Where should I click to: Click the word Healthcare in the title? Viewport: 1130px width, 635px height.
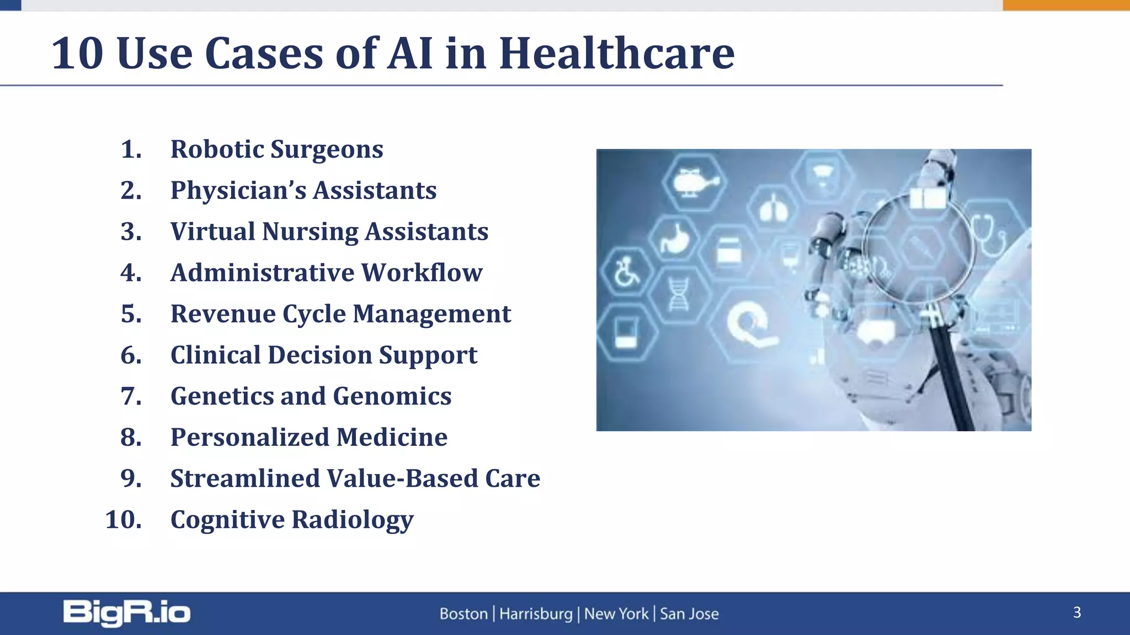pyautogui.click(x=616, y=53)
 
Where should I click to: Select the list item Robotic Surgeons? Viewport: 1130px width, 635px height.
pyautogui.click(x=276, y=149)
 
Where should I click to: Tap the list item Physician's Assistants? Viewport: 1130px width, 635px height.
pyautogui.click(x=303, y=191)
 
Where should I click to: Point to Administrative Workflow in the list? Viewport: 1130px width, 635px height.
pyautogui.click(x=326, y=273)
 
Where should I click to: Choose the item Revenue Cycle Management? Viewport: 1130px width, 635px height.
pyautogui.click(x=340, y=314)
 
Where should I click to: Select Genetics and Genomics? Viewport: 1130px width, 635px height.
pyautogui.click(x=311, y=396)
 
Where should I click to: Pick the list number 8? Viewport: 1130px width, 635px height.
pyautogui.click(x=131, y=438)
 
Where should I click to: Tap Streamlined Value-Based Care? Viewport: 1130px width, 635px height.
pyautogui.click(x=355, y=478)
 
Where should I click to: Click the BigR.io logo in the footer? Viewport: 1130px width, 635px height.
pyautogui.click(x=126, y=613)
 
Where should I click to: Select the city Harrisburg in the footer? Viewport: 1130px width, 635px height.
pyautogui.click(x=536, y=614)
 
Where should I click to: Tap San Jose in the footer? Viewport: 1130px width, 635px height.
pyautogui.click(x=689, y=614)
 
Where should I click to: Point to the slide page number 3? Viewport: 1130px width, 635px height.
pyautogui.click(x=1076, y=612)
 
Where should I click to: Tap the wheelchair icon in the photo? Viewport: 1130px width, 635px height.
pyautogui.click(x=626, y=272)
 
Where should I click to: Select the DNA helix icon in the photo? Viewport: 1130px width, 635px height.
pyautogui.click(x=678, y=294)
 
